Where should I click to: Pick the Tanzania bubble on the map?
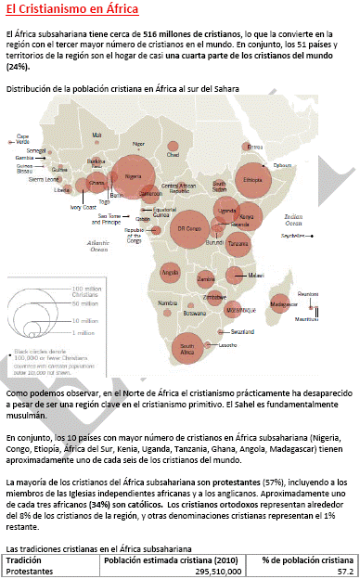click(x=238, y=244)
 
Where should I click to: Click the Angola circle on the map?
click(x=171, y=273)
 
